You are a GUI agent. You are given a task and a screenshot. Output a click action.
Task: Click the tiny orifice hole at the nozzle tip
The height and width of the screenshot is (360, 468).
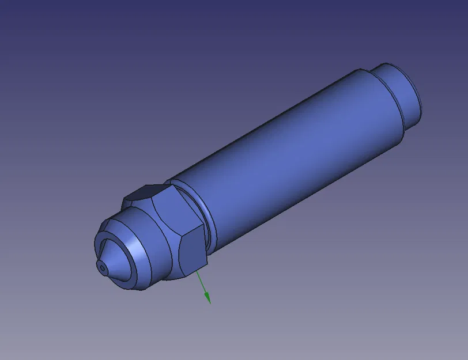(103, 267)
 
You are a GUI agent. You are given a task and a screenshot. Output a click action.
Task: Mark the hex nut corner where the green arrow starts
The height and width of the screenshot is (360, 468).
(195, 269)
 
